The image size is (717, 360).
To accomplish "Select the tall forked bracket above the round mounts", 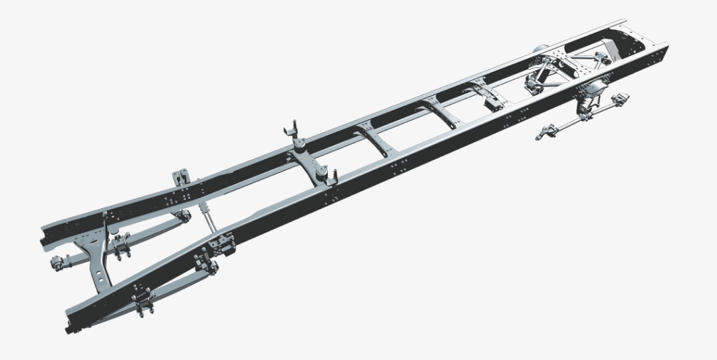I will click(x=290, y=130).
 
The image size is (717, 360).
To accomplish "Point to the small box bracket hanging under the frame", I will click(x=493, y=104).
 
